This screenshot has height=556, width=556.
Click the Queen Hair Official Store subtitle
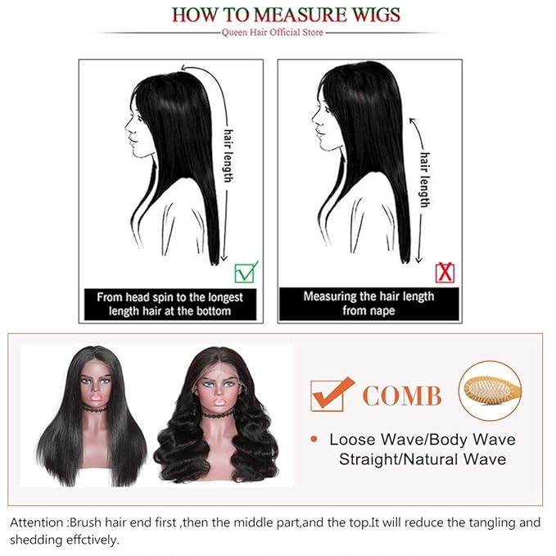point(278,32)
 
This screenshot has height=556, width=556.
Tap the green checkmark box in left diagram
point(246,271)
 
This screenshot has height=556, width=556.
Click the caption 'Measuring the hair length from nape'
point(369,303)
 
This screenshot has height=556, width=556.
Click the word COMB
point(401,396)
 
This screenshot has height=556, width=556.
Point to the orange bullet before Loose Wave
point(314,440)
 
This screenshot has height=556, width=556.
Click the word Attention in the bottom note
point(38,522)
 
